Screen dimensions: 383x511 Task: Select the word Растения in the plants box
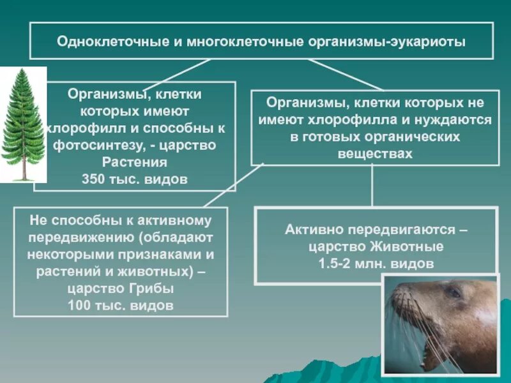pyautogui.click(x=135, y=161)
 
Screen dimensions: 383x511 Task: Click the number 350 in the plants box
pyautogui.click(x=94, y=179)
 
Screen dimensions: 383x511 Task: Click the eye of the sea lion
pyautogui.click(x=454, y=292)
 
